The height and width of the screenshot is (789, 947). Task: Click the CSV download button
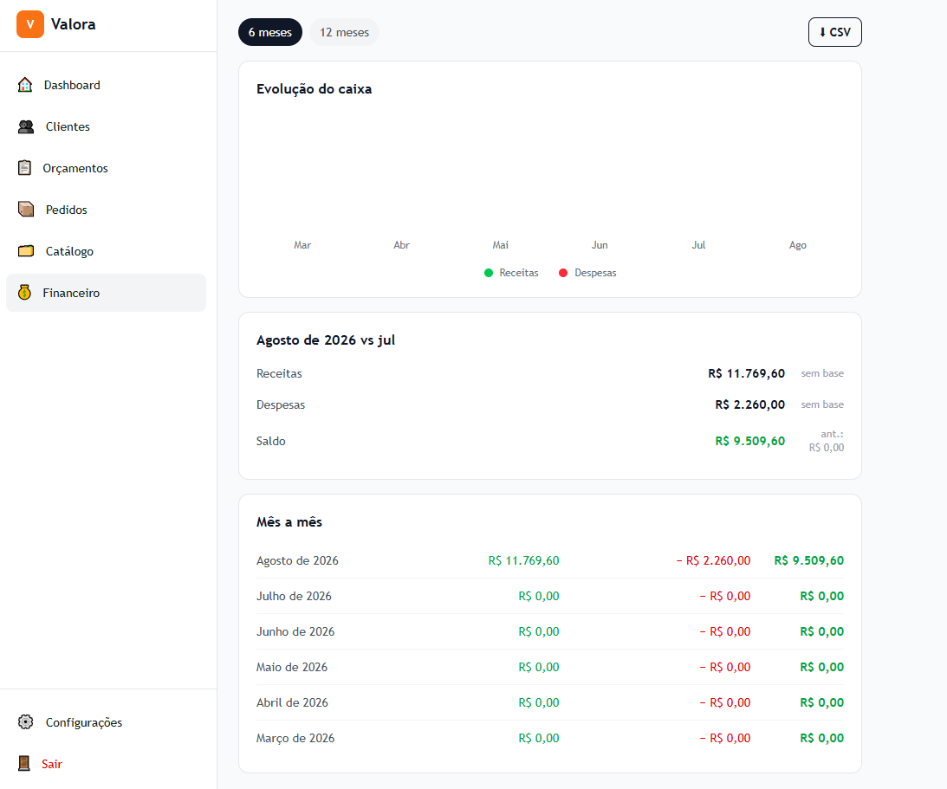[x=834, y=32]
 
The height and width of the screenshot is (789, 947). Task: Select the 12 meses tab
[x=344, y=32]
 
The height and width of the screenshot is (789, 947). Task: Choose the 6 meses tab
[x=270, y=32]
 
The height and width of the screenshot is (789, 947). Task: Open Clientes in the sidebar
[x=68, y=126]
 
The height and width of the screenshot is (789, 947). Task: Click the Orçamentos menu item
[x=75, y=168]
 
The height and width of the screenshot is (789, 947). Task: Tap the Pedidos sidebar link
[x=67, y=210]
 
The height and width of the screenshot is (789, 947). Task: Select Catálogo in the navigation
[x=69, y=252]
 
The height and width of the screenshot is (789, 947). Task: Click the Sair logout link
[x=52, y=764]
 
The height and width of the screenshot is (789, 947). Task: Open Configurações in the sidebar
[x=84, y=722]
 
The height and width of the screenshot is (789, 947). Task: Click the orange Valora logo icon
[x=30, y=24]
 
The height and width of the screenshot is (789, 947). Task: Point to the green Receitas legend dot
[x=489, y=273]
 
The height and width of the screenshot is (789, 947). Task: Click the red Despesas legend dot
[x=563, y=273]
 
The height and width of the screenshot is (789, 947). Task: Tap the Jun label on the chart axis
[x=600, y=245]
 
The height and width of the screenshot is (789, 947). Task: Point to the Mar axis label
[x=302, y=245]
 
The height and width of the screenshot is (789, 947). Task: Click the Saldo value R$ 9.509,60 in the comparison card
[x=750, y=442]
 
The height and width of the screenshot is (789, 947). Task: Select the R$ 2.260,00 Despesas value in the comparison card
[x=750, y=404]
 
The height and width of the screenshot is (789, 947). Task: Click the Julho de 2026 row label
[x=294, y=597]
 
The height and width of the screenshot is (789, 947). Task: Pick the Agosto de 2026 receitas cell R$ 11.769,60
[x=523, y=561]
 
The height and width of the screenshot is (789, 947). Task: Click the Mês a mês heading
[x=289, y=522]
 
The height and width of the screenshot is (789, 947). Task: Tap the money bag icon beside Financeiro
[x=25, y=293]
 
